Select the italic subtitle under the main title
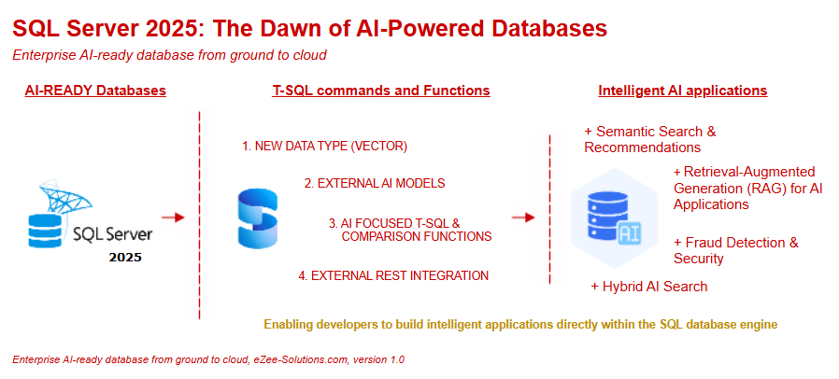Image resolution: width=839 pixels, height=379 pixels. point(169,54)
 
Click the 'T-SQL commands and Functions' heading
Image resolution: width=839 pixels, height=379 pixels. point(380,91)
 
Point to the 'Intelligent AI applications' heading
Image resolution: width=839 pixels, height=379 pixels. point(682,91)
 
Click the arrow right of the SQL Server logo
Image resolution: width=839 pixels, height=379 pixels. point(173,218)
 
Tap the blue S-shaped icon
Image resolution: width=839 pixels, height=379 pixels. point(258,218)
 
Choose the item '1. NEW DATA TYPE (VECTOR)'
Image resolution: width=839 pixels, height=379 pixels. point(324,147)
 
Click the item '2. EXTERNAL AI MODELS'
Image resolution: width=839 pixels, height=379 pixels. point(374,183)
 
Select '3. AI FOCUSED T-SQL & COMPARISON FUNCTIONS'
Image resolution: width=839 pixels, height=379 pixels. point(409,230)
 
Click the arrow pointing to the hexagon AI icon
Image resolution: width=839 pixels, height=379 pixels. point(523,218)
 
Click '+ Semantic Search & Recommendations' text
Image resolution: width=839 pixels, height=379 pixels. point(649,139)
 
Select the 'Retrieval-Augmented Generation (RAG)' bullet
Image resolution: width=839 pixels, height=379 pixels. point(747,188)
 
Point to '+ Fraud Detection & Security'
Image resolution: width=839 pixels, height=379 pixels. point(735,250)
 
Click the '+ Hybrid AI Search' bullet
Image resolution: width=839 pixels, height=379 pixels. point(648,287)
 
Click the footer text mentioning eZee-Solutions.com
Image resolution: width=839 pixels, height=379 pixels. point(207,359)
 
